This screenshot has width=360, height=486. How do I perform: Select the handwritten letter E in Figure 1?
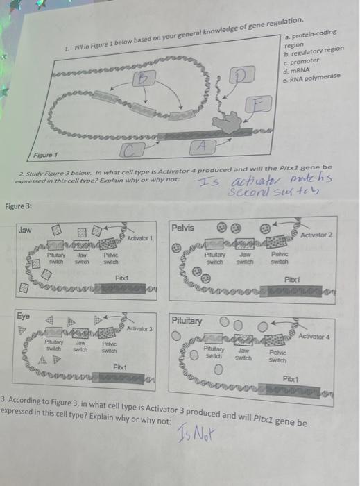(x=257, y=105)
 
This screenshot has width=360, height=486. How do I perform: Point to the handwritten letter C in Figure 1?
(x=131, y=149)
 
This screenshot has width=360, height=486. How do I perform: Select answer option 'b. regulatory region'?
(x=313, y=52)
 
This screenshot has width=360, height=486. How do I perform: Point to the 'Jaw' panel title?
(x=25, y=229)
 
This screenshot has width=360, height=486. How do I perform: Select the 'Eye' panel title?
(x=24, y=315)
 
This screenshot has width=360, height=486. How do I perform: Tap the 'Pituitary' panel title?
(x=189, y=320)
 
